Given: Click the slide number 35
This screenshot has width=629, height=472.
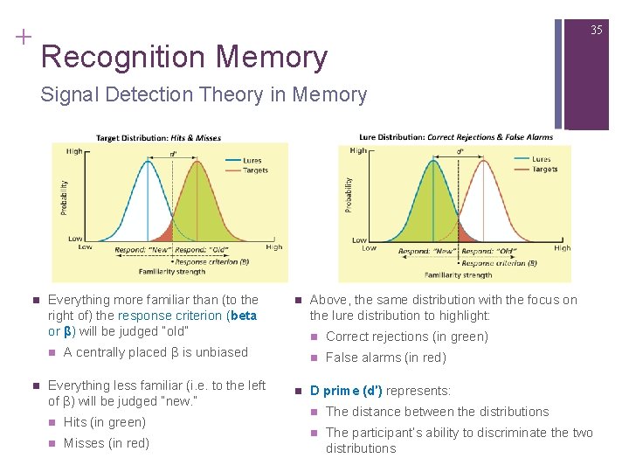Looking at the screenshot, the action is click(597, 30).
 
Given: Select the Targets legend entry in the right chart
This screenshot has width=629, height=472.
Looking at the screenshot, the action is click(544, 170).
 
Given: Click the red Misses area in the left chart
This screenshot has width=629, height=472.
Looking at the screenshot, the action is click(164, 233).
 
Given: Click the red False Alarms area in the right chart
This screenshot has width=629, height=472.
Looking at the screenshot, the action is click(467, 233).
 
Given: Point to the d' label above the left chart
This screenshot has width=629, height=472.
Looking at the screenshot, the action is click(173, 152).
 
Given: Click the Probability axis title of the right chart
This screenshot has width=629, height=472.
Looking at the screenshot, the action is click(349, 194).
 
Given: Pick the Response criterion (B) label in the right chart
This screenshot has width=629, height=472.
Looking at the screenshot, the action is click(500, 263).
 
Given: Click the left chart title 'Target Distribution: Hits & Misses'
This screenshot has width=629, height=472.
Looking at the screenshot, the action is click(158, 137).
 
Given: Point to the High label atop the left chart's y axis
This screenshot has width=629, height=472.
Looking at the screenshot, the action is click(74, 150).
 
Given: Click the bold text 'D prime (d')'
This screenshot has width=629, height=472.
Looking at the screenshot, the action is click(346, 391).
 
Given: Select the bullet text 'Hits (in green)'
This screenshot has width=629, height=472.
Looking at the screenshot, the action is click(104, 422).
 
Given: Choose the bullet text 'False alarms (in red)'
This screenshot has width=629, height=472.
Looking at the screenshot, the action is click(385, 357).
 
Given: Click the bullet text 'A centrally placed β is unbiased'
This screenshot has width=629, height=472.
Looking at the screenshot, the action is click(156, 352).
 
